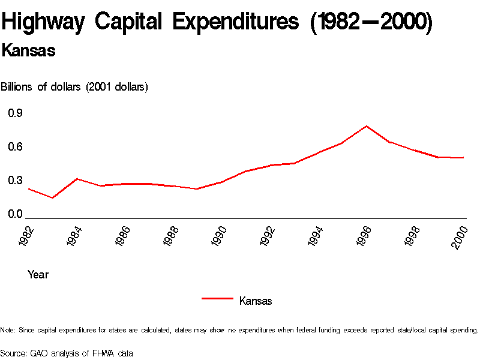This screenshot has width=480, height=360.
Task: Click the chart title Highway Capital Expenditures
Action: click(x=217, y=22)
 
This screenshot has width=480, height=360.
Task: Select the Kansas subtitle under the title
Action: click(x=28, y=51)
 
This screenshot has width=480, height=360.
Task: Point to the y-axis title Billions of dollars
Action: click(x=74, y=87)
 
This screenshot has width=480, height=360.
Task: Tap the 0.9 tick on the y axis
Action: click(x=15, y=113)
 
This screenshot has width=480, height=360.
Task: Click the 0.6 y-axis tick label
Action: click(x=15, y=147)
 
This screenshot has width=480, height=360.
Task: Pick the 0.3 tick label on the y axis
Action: click(x=15, y=181)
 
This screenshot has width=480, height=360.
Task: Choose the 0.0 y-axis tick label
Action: click(x=15, y=214)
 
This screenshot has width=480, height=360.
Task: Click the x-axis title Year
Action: click(x=38, y=275)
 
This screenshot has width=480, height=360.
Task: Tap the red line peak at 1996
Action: click(x=366, y=126)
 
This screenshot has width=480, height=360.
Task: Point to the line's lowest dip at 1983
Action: click(x=53, y=197)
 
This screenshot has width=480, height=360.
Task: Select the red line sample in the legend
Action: click(x=217, y=298)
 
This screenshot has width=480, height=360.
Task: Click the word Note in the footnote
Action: click(x=8, y=330)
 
